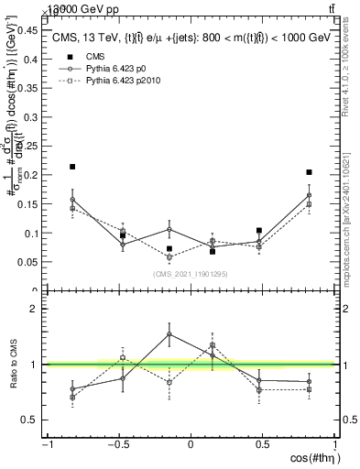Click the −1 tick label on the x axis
(47, 445)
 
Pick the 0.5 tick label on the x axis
(264, 445)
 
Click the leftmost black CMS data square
(72, 167)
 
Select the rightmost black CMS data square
(310, 172)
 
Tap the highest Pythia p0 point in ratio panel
(169, 333)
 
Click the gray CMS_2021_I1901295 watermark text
(190, 274)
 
